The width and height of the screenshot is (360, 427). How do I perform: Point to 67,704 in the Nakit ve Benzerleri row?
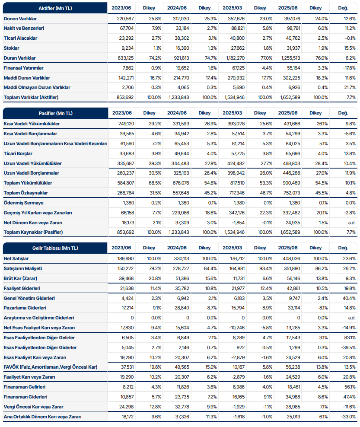(125, 28)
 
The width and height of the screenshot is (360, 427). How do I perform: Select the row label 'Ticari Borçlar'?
(18, 153)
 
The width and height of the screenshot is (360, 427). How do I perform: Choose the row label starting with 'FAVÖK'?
(50, 367)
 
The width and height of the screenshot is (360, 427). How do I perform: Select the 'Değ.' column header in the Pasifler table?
(343, 113)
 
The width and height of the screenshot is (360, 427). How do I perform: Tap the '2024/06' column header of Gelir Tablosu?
(177, 248)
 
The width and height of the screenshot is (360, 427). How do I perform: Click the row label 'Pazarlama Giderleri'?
(25, 308)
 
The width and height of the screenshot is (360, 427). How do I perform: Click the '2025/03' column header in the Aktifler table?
(233, 8)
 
